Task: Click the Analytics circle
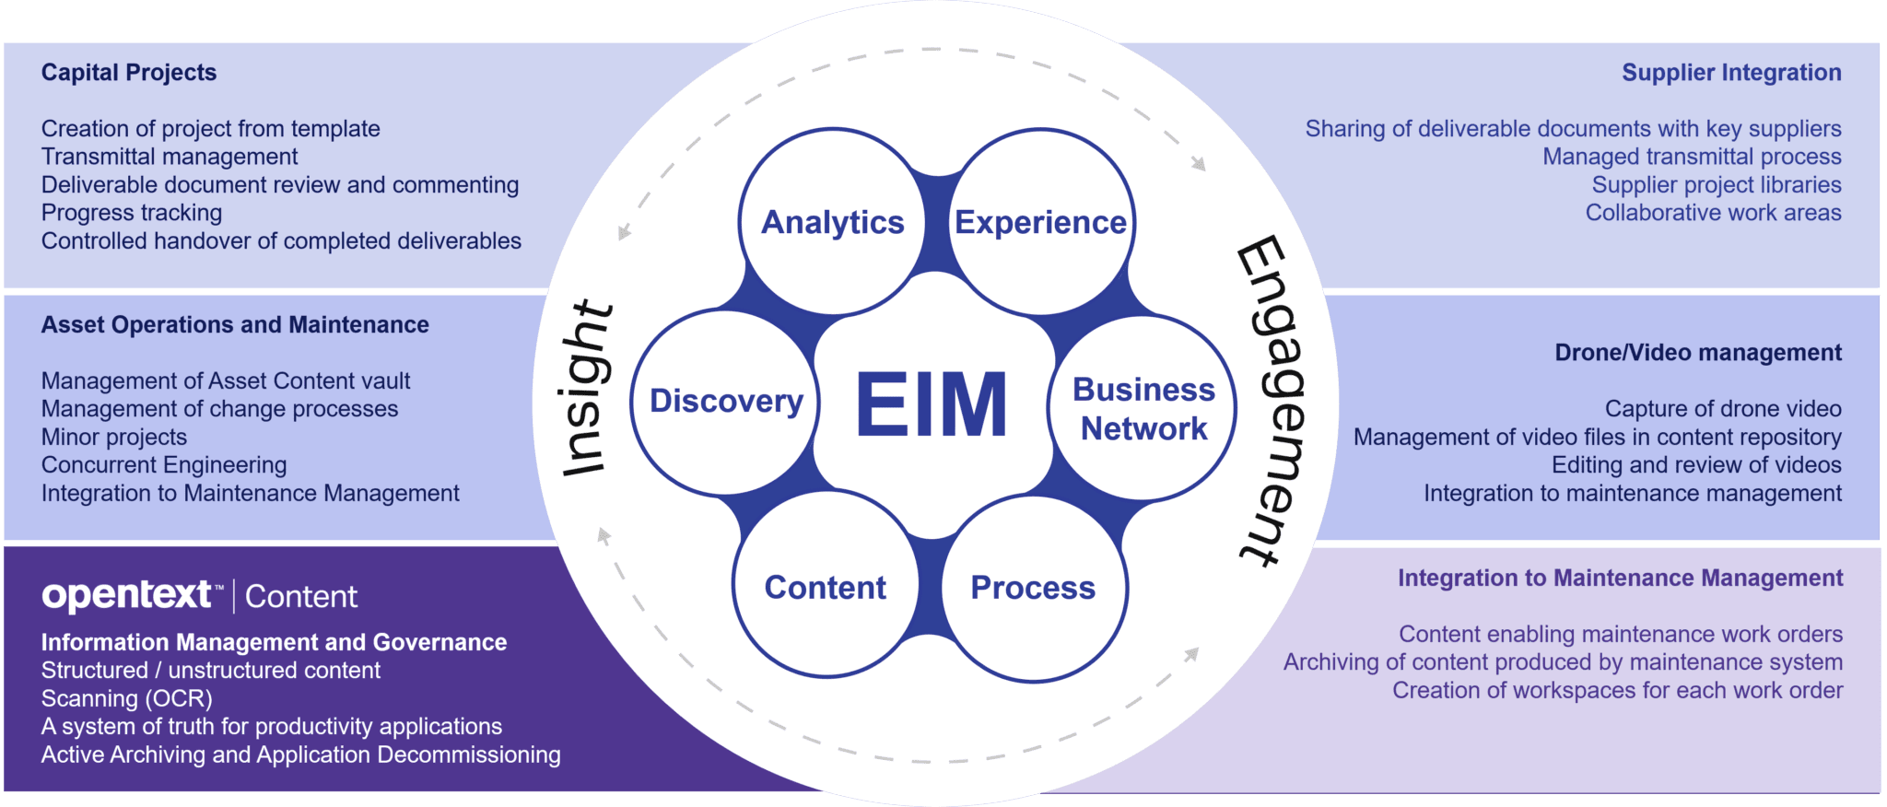(832, 222)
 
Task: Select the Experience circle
(1040, 222)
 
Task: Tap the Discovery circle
(726, 401)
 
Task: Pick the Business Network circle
(1143, 408)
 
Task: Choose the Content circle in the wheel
(825, 587)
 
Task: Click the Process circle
(1033, 587)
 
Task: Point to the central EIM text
(932, 404)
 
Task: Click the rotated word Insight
(586, 389)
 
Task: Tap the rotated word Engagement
(1272, 401)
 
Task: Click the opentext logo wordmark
(126, 595)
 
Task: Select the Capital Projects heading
(129, 72)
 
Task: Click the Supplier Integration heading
(1731, 72)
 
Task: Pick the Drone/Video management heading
(1698, 352)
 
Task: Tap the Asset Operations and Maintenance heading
(235, 324)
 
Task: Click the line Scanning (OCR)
(126, 698)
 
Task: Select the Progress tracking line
(132, 213)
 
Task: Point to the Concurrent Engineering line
(164, 465)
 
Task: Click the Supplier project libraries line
(1717, 184)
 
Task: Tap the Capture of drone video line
(1723, 408)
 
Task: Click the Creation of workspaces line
(1617, 690)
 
